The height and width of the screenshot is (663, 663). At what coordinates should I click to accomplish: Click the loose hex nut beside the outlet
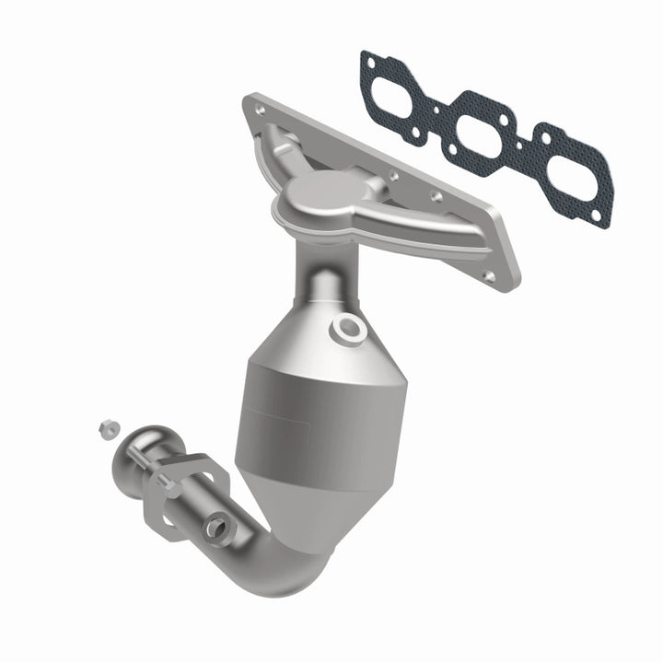(x=108, y=427)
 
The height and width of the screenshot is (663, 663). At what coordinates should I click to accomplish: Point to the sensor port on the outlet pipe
(x=217, y=527)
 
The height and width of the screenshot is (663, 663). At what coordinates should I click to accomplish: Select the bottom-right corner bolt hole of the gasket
(x=597, y=218)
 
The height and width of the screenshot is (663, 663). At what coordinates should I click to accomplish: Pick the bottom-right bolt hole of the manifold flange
(x=488, y=274)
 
